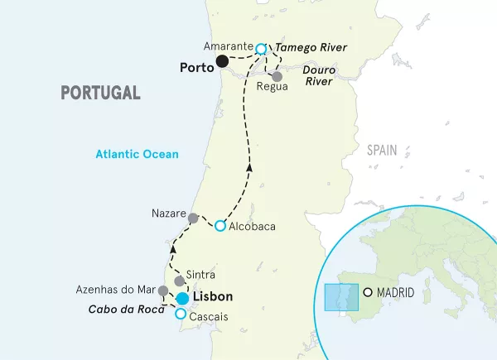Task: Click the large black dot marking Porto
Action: [x=222, y=60]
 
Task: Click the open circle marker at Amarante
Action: [x=261, y=49]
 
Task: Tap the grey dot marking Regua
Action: [x=277, y=76]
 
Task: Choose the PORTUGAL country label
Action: [x=100, y=93]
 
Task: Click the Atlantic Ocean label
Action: [x=137, y=154]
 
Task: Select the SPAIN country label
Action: [x=382, y=150]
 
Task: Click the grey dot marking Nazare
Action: [x=192, y=218]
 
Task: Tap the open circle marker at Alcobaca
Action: [x=220, y=225]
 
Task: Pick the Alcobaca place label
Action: [x=252, y=226]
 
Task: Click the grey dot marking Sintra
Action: [x=179, y=281]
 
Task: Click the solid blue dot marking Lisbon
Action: [x=182, y=298]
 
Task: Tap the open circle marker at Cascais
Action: [x=181, y=314]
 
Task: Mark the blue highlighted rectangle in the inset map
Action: [x=340, y=297]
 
